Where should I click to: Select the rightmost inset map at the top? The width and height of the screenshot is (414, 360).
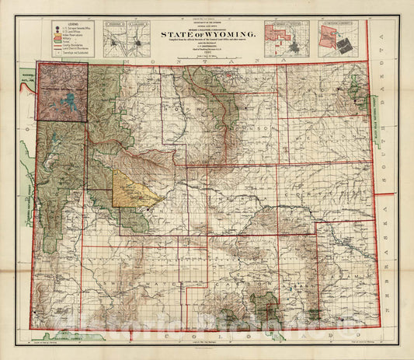343,38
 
